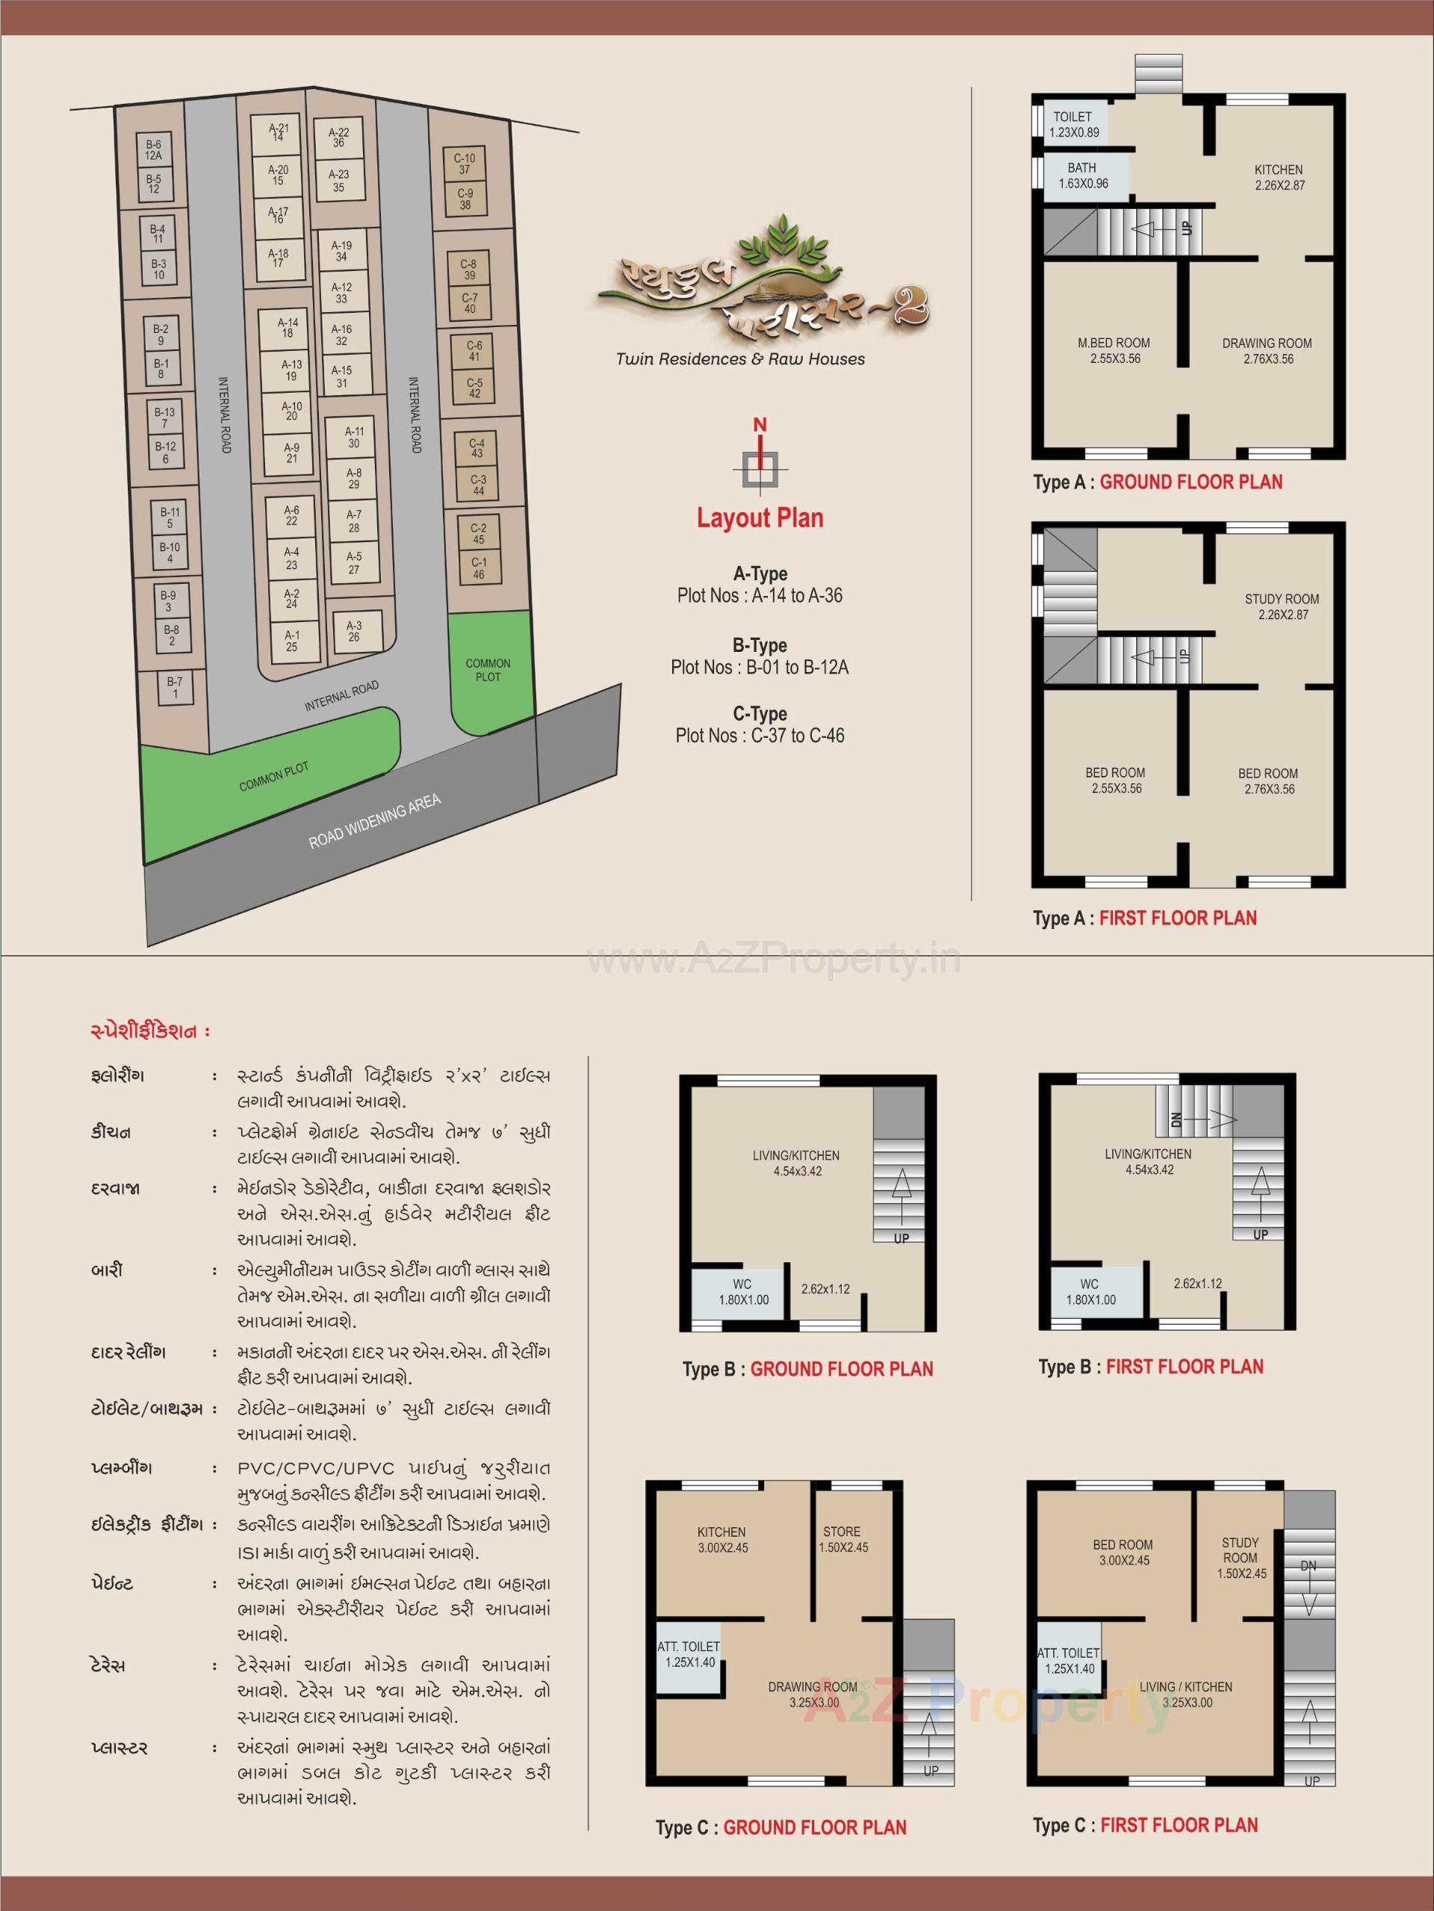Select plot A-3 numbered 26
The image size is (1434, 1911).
pyautogui.click(x=354, y=631)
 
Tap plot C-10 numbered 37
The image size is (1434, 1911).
pyautogui.click(x=465, y=164)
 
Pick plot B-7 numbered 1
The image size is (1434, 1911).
pyautogui.click(x=176, y=687)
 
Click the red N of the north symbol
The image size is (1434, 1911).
pyautogui.click(x=760, y=425)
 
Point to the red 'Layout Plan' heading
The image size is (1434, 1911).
pyautogui.click(x=760, y=518)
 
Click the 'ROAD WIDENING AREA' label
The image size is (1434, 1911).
pyautogui.click(x=375, y=821)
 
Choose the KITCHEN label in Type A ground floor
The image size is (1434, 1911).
pyautogui.click(x=1279, y=170)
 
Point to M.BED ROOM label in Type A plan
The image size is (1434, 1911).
pyautogui.click(x=1114, y=343)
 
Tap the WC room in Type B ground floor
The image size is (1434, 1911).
pyautogui.click(x=743, y=1292)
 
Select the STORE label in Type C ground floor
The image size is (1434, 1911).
pyautogui.click(x=842, y=1532)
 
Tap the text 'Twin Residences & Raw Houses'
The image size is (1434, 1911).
pyautogui.click(x=740, y=359)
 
